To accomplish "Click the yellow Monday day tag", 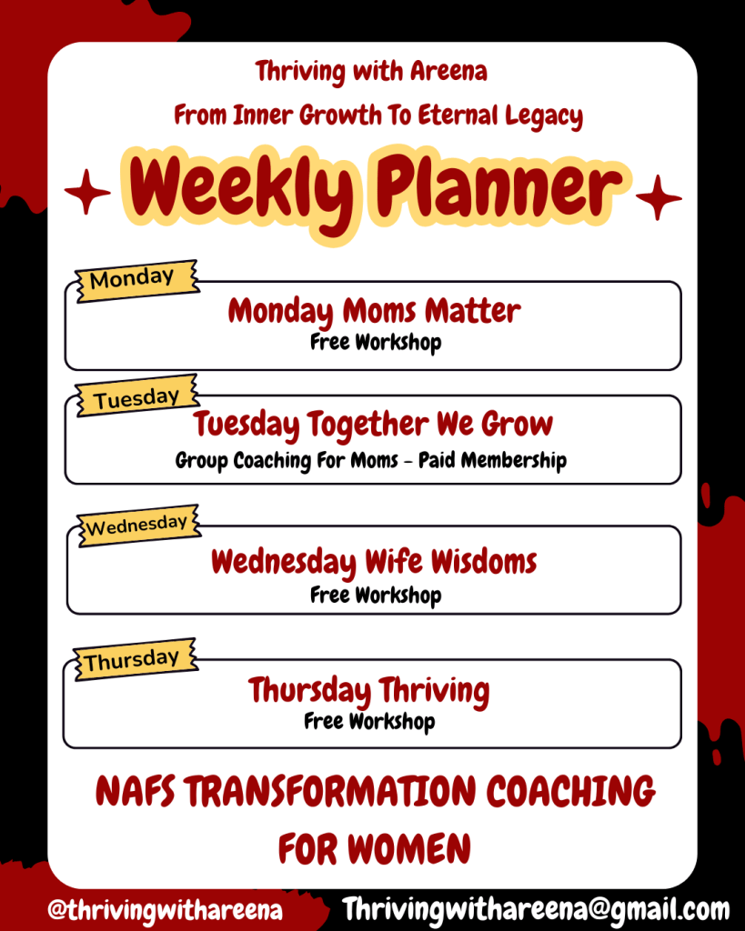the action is pyautogui.click(x=136, y=280).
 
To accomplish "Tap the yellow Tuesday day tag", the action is pyautogui.click(x=136, y=396).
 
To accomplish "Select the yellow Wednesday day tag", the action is pyautogui.click(x=139, y=526).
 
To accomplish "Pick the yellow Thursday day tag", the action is pyautogui.click(x=136, y=659).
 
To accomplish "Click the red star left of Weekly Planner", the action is pyautogui.click(x=87, y=191).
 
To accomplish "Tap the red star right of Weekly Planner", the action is pyautogui.click(x=659, y=197).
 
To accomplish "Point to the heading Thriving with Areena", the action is pyautogui.click(x=371, y=71).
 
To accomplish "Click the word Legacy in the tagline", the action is pyautogui.click(x=544, y=116).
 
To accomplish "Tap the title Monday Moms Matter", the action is pyautogui.click(x=374, y=311).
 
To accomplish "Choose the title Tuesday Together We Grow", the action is pyautogui.click(x=373, y=425).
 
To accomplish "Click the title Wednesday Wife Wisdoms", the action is pyautogui.click(x=374, y=562).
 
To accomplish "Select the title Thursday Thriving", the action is pyautogui.click(x=369, y=691).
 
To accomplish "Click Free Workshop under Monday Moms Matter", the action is pyautogui.click(x=376, y=343).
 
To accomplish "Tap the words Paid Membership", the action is pyautogui.click(x=492, y=461).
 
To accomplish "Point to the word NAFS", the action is pyautogui.click(x=136, y=791).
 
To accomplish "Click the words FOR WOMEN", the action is pyautogui.click(x=374, y=848).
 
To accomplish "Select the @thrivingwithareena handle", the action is pyautogui.click(x=166, y=909).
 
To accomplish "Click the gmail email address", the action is pyautogui.click(x=536, y=909).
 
